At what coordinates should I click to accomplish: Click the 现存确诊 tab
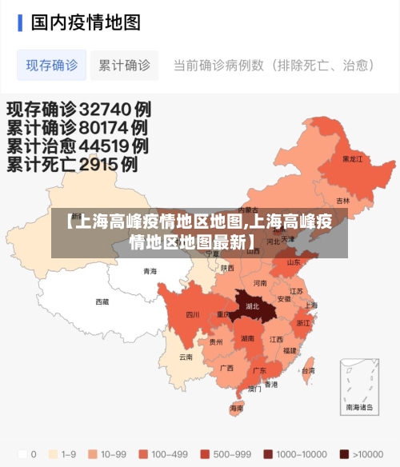52,65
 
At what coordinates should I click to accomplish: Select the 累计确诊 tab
124,65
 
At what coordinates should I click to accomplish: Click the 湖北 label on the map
253,305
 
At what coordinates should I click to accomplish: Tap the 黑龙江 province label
352,159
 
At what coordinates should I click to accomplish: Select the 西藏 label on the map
102,301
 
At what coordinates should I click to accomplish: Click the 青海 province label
150,271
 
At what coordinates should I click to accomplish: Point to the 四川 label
193,314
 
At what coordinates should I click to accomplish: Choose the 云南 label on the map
186,357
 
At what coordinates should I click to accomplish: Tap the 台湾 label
307,370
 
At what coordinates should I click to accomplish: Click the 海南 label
237,408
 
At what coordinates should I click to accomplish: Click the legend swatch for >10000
344,453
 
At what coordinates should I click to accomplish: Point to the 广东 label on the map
259,370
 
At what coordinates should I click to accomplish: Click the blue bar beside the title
20,22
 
